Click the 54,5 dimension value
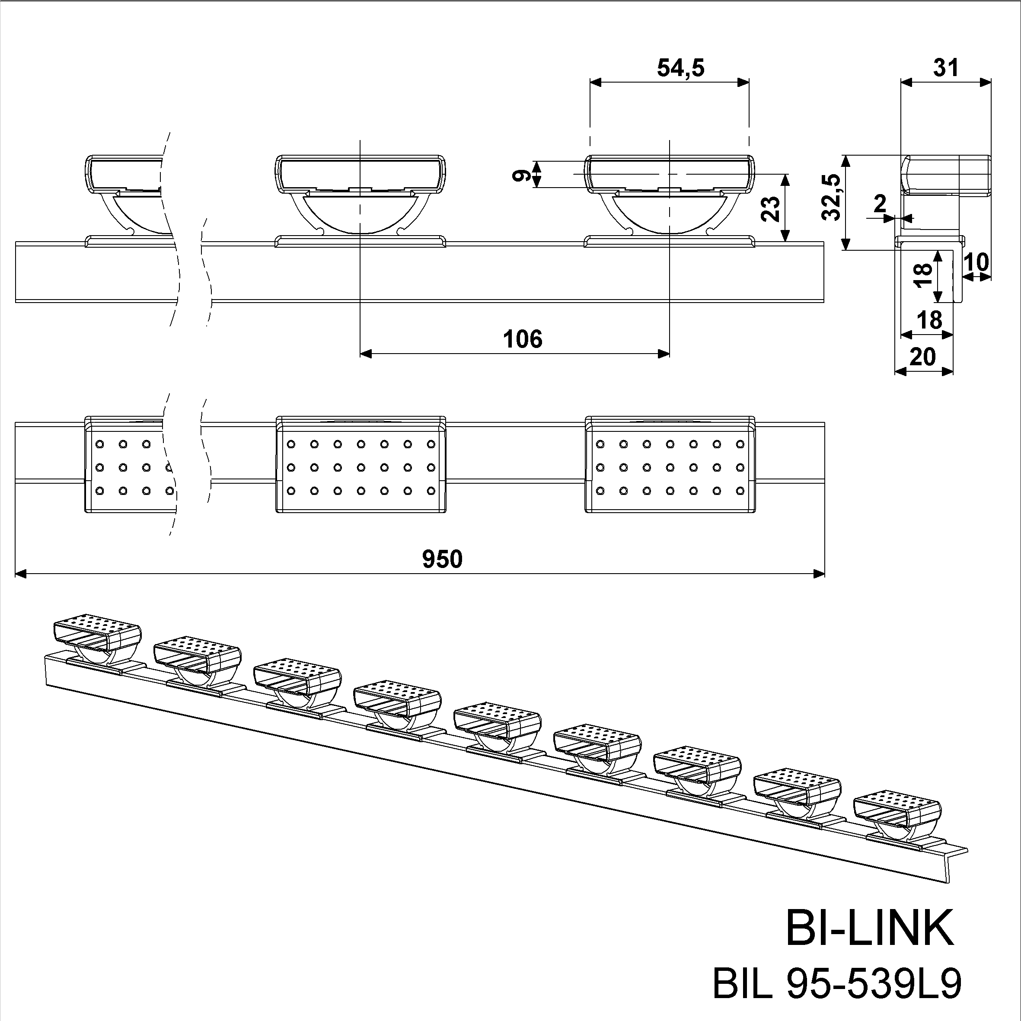click(x=681, y=68)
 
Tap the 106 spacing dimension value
click(x=522, y=339)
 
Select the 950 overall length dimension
click(x=442, y=559)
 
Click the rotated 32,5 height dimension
click(x=831, y=197)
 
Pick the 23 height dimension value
click(x=771, y=209)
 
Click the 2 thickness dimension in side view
click(x=880, y=204)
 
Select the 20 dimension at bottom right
click(x=923, y=357)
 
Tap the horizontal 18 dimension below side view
click(x=929, y=321)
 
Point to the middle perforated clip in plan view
click(x=361, y=465)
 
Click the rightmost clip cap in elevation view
click(x=670, y=173)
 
